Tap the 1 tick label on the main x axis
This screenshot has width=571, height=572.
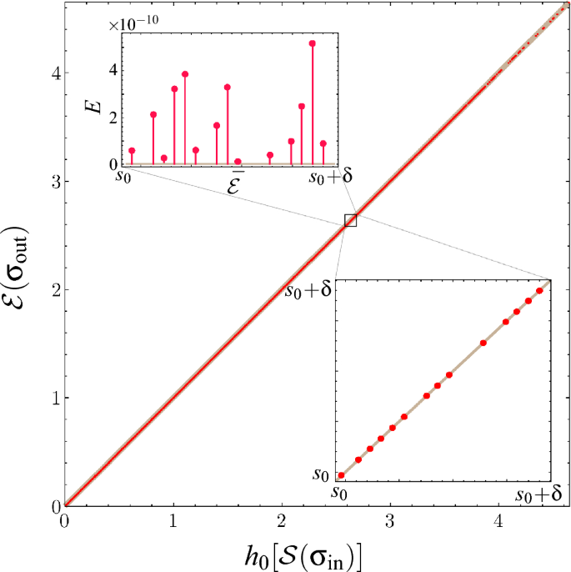pyautogui.click(x=173, y=522)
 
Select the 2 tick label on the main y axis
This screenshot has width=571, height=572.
pyautogui.click(x=53, y=289)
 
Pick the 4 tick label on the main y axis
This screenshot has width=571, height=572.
pyautogui.click(x=53, y=73)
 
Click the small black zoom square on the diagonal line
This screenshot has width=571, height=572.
pyautogui.click(x=350, y=220)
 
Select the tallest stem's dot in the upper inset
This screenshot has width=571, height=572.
pyautogui.click(x=313, y=43)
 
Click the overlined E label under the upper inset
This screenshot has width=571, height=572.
pyautogui.click(x=236, y=184)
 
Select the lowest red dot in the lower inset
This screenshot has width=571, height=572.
pyautogui.click(x=341, y=475)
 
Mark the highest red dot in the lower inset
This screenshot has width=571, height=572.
pyautogui.click(x=538, y=291)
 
